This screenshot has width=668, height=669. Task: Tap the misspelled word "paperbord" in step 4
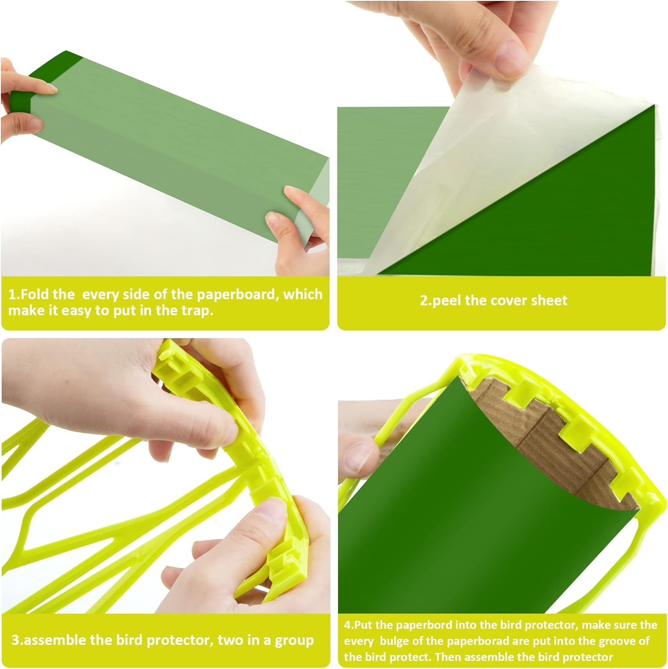pos(402,625)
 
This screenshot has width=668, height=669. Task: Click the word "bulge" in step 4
pos(390,641)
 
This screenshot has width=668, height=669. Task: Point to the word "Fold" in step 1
pos(35,295)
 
